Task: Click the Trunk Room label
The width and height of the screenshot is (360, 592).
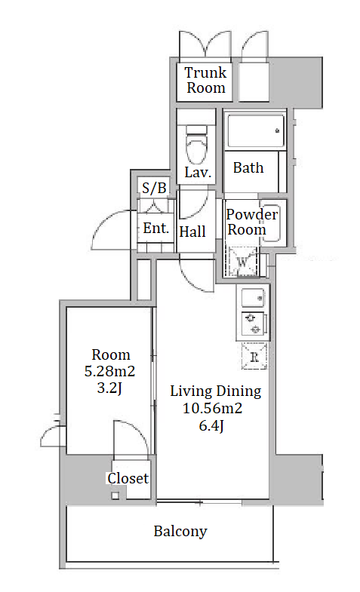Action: tap(206, 80)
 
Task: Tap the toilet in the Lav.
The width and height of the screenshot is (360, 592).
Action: tap(197, 145)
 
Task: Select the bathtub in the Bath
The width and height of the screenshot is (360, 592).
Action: tap(256, 130)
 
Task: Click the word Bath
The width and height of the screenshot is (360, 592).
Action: tap(248, 167)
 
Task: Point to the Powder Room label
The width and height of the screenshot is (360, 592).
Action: tap(251, 222)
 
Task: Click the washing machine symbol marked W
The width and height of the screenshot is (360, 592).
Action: tap(242, 261)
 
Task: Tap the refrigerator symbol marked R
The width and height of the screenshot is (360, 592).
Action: tap(254, 356)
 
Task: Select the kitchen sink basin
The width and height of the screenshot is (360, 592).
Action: tap(253, 298)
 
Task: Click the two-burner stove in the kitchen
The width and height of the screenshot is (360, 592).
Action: tap(254, 324)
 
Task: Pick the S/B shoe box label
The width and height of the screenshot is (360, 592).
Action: tap(154, 188)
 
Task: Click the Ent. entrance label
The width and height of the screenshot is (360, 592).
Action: tap(155, 228)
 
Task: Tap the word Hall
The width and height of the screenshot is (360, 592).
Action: tap(192, 232)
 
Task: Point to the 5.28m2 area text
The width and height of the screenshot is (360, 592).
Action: tap(109, 372)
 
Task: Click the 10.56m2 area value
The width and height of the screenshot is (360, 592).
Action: tap(212, 409)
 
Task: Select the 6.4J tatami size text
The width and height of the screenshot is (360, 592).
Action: tap(211, 426)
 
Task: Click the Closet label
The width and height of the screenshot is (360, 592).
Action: tap(128, 478)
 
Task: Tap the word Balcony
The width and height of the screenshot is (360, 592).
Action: tap(180, 532)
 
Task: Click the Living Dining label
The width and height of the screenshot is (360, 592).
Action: tap(215, 391)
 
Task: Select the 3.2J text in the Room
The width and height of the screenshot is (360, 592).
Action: tap(109, 388)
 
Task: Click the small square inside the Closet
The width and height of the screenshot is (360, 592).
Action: tap(115, 495)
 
